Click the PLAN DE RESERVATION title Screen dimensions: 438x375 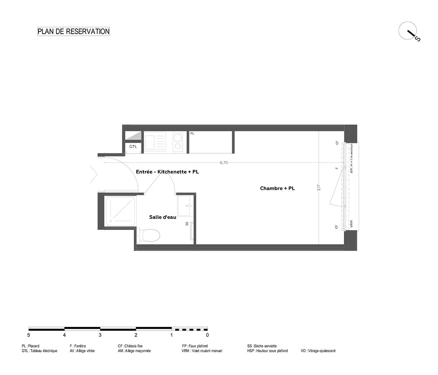pyautogui.click(x=74, y=31)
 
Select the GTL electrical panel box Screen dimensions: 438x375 pyautogui.click(x=133, y=147)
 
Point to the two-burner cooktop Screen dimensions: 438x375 pyautogui.click(x=178, y=142)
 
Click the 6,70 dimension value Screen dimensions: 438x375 pyautogui.click(x=224, y=163)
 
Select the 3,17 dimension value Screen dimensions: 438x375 pyautogui.click(x=319, y=187)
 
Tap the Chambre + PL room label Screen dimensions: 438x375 pyautogui.click(x=277, y=188)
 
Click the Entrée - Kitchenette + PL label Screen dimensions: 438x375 pyautogui.click(x=167, y=172)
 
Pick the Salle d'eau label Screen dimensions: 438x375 pyautogui.click(x=162, y=217)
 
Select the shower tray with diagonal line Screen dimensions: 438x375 pyautogui.click(x=120, y=211)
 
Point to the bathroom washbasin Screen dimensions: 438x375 pyautogui.click(x=184, y=206)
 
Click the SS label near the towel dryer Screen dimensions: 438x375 pyautogui.click(x=187, y=224)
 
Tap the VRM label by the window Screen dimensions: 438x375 pyautogui.click(x=351, y=224)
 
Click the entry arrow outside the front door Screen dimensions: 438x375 pyautogui.click(x=94, y=175)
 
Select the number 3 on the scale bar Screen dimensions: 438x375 pyautogui.click(x=100, y=335)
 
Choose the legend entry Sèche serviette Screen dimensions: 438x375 pyautogui.click(x=262, y=346)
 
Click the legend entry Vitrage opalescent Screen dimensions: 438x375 pyautogui.click(x=318, y=351)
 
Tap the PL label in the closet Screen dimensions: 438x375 pyautogui.click(x=192, y=133)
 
